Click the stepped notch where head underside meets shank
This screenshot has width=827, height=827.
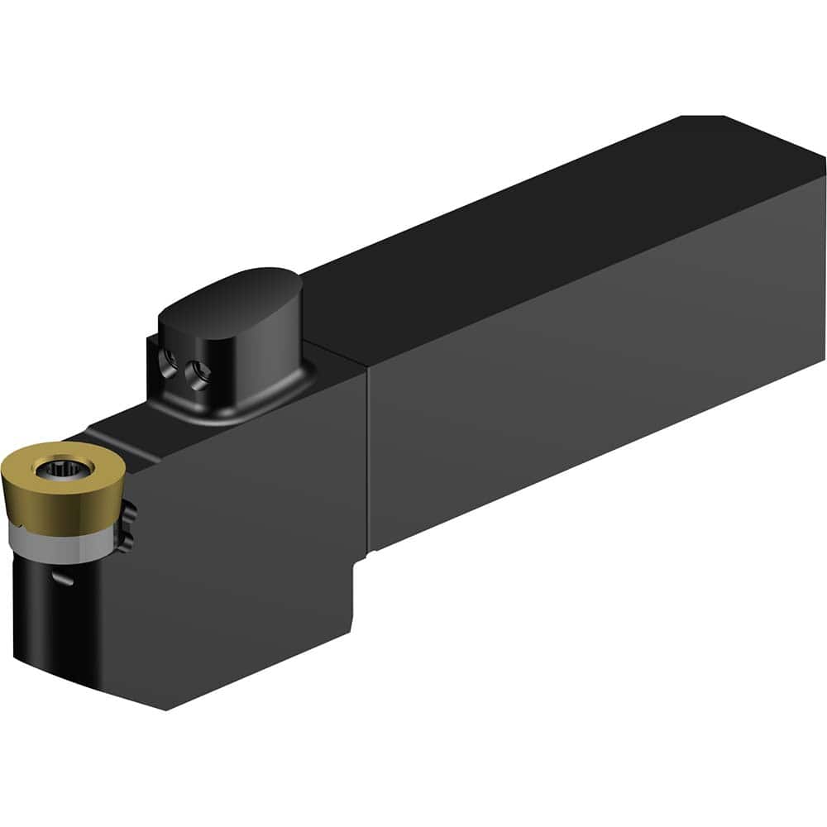[364, 557]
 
